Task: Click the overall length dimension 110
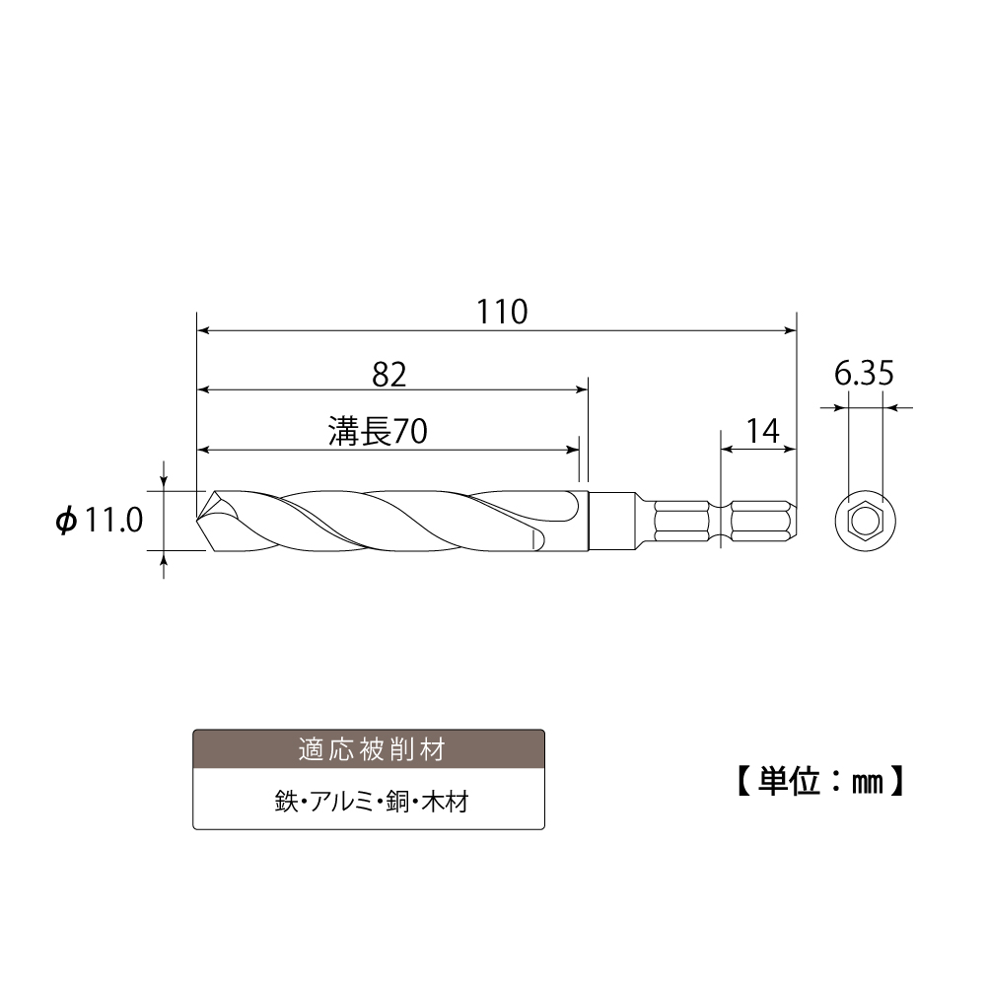coord(503,312)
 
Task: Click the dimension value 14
coord(761,430)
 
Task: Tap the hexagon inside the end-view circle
coord(864,520)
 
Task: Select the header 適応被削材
coord(369,749)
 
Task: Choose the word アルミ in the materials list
coord(341,802)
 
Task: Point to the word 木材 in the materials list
coord(445,802)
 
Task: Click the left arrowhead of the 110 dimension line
coord(204,331)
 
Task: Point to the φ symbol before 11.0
coord(66,522)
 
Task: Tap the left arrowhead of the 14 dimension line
coord(727,450)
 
